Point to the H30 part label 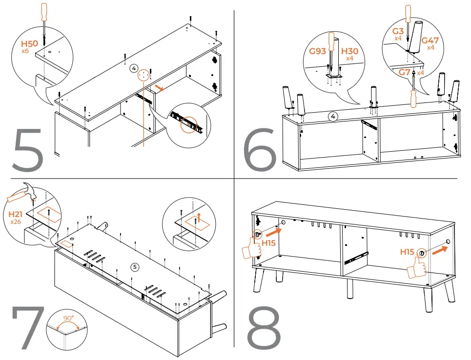pos(349,51)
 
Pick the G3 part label pos(398,31)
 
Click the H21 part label pos(16,214)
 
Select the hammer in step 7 pos(22,195)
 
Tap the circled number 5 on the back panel pos(136,266)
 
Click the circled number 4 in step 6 pos(332,117)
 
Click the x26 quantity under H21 pos(16,221)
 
